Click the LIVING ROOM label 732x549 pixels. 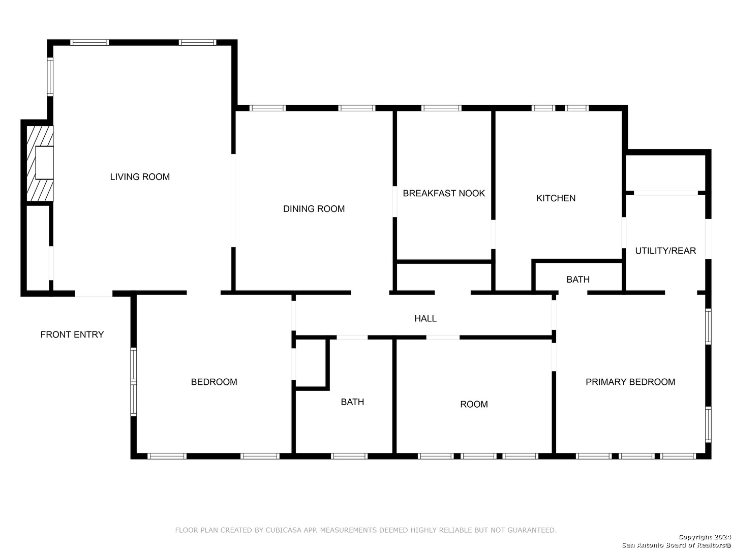pos(140,177)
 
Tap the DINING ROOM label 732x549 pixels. pos(314,208)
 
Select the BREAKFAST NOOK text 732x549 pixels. pos(444,193)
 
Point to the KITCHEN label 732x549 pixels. pos(556,198)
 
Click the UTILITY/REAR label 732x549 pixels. pos(665,251)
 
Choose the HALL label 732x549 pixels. pos(425,318)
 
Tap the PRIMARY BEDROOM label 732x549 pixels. pos(630,382)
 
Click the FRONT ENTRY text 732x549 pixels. pos(72,334)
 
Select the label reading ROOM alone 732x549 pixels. pos(474,404)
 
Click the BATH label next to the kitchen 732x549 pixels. pos(578,280)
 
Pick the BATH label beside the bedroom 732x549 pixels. pos(352,402)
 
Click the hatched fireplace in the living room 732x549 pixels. pos(40,163)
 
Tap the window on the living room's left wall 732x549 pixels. pos(50,77)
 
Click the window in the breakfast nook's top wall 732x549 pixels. pos(441,108)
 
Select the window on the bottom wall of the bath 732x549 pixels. pos(349,456)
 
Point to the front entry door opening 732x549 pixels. pos(94,293)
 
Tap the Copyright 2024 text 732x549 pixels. pos(705,537)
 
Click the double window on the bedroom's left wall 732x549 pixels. pos(133,382)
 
